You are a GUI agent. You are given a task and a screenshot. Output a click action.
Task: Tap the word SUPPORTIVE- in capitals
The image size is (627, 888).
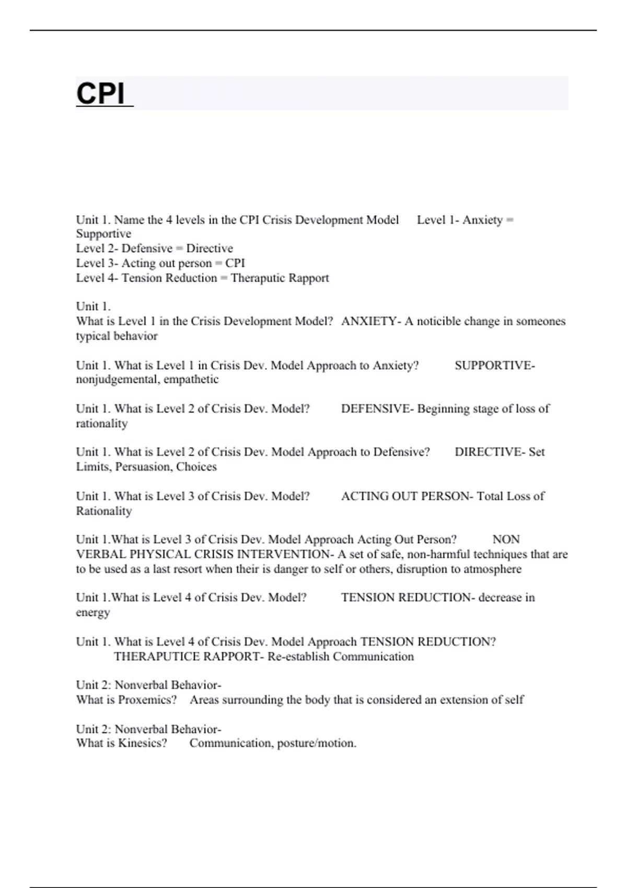pos(494,366)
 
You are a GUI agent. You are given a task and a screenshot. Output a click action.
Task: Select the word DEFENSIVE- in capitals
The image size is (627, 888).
pos(377,409)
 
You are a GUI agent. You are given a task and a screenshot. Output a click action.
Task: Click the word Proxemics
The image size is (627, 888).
pos(147,700)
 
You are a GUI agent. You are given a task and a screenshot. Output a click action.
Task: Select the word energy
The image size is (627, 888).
pos(93,612)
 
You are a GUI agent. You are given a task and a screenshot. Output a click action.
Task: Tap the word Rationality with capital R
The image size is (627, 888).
pos(103,511)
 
